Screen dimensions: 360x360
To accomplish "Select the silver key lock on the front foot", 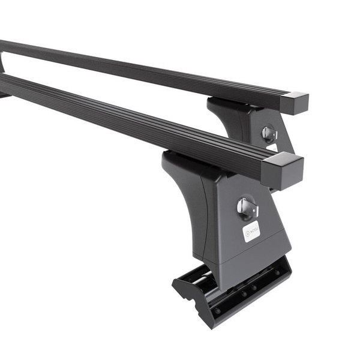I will point(247,208).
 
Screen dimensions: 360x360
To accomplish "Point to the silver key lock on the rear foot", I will point(269,133).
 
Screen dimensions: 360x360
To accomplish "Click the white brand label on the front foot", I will point(251,231).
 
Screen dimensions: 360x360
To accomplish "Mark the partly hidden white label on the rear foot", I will point(273,148).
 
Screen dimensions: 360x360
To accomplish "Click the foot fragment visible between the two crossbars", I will point(2,63).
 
